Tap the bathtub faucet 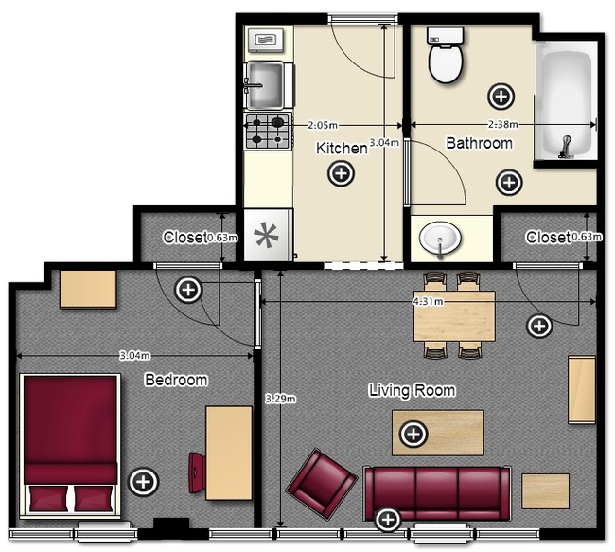pos(565,147)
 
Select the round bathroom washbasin pos(440,239)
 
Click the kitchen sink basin pos(265,85)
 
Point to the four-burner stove pos(269,131)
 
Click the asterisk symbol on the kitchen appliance pos(266,235)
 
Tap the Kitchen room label pos(342,149)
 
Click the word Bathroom pos(480,143)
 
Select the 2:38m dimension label pos(502,124)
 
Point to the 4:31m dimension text pos(428,301)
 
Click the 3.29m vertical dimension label pos(280,399)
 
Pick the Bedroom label pos(176,380)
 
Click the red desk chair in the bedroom pos(197,472)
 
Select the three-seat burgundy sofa pos(437,492)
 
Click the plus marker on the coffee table pos(413,435)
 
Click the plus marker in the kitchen pos(342,173)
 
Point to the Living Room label pos(413,391)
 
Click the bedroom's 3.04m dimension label pos(135,356)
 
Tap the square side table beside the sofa pos(545,491)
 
